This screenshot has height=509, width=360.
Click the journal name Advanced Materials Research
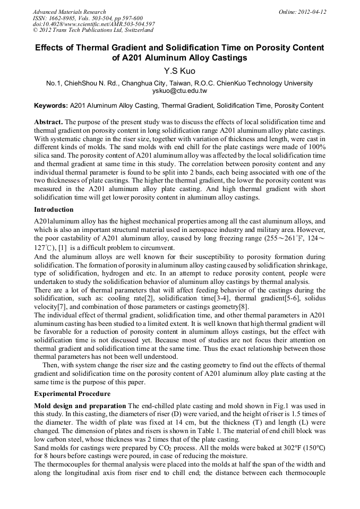pos(69,12)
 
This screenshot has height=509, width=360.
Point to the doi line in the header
pos(93,24)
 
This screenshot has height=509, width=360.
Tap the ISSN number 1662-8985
pos(64,18)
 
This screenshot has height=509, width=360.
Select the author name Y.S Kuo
pos(179,70)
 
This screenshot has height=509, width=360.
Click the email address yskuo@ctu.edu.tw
pos(179,91)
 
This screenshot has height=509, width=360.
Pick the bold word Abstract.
pos(48,122)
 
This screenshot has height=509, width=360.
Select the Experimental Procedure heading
pos(72,394)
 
